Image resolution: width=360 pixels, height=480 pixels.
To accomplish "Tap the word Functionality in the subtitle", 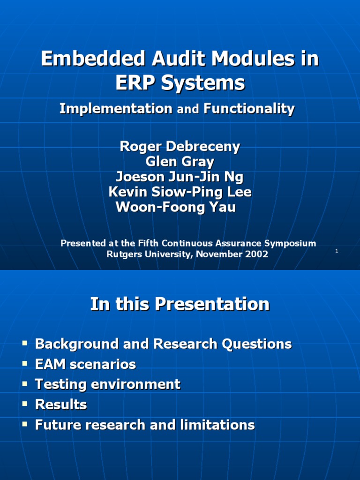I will coord(249,109).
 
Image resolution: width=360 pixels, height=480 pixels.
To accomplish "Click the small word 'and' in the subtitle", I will coord(188,110).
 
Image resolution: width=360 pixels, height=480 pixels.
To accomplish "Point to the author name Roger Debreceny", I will coord(180,147).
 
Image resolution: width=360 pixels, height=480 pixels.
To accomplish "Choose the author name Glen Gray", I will coord(180,162).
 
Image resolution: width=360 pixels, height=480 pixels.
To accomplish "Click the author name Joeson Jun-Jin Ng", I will coord(180,177).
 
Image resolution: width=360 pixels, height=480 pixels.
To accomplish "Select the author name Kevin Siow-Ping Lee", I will coord(180,192).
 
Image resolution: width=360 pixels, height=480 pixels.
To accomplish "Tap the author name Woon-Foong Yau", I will coord(176,207).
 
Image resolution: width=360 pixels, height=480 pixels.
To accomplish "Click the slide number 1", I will coord(337,251).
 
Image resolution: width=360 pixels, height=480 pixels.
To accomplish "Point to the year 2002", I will coord(256,254).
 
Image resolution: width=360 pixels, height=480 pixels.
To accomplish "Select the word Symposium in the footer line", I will coord(289,243).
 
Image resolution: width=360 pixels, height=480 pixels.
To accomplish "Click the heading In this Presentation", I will coord(180,305).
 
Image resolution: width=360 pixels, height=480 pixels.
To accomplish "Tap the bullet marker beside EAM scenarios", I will coord(25,364).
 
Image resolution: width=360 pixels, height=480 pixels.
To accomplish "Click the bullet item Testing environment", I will coord(108,384).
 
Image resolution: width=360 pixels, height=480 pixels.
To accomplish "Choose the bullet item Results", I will coord(61,405).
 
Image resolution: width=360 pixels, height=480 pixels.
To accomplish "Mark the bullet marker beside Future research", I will coord(25,425).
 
